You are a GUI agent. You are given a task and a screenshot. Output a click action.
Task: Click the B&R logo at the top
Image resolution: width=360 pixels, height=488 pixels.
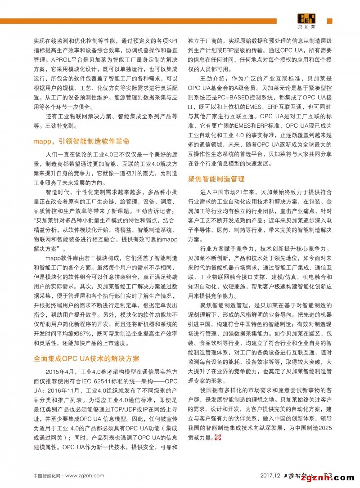pos(306,19)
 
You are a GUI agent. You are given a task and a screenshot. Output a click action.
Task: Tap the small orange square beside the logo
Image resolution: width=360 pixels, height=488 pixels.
pos(329,21)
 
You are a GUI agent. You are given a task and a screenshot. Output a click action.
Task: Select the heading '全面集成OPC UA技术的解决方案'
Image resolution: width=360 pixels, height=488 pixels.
pos(86,358)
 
